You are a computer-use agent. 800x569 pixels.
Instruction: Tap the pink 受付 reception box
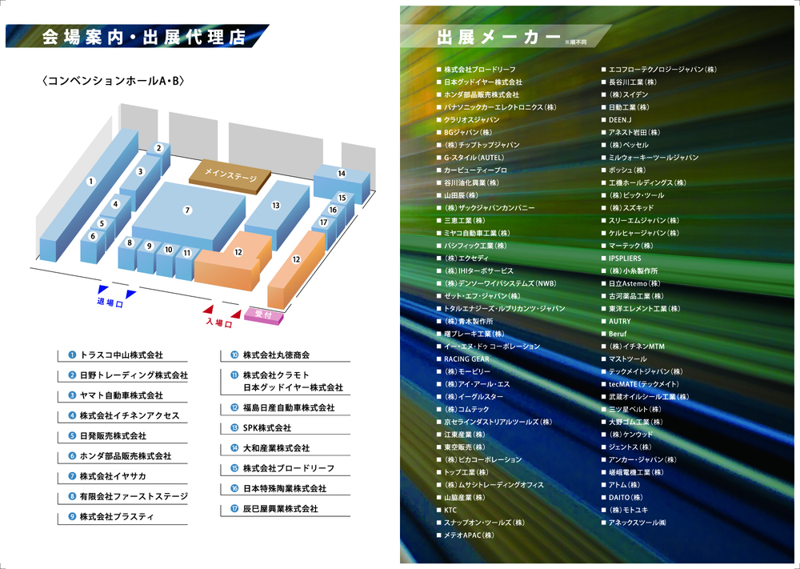[263, 315]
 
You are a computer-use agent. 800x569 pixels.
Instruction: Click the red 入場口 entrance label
[218, 323]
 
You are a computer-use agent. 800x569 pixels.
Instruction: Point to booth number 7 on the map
[187, 210]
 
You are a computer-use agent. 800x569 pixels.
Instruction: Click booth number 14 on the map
[342, 174]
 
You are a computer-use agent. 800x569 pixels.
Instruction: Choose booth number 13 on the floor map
[276, 206]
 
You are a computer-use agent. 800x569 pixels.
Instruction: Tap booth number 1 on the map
[91, 182]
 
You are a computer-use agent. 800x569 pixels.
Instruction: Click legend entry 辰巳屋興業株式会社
[280, 509]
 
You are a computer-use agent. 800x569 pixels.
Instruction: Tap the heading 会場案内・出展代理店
[144, 37]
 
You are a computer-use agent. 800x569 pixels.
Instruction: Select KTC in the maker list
[450, 510]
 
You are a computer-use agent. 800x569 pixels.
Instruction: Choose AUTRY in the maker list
[620, 322]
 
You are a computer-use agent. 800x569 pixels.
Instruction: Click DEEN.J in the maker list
[621, 120]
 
